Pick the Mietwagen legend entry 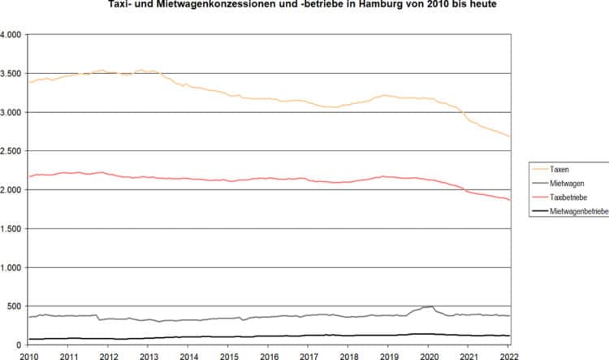[567, 183]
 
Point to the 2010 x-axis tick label [28, 355]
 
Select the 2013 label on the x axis [148, 355]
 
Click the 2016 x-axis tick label [268, 355]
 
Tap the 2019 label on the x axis [389, 355]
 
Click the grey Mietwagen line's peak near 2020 [431, 306]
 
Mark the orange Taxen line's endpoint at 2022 [509, 137]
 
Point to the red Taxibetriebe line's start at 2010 [29, 176]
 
